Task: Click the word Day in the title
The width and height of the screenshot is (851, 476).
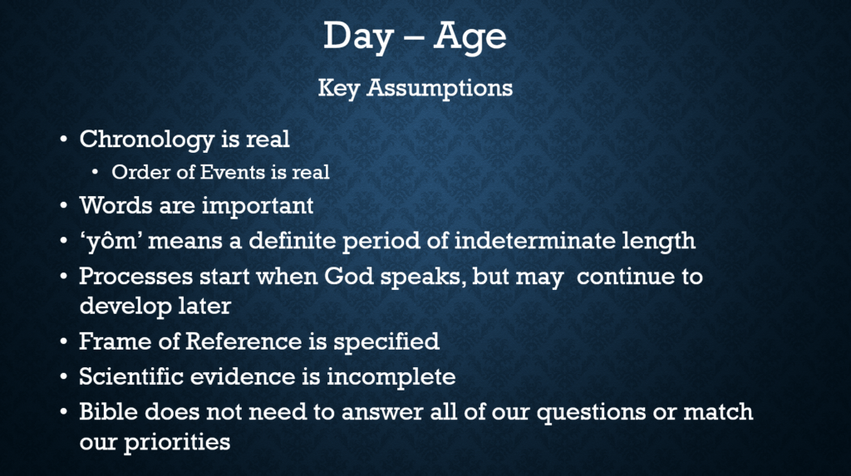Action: click(x=357, y=37)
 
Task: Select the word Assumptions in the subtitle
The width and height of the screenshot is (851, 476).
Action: click(x=440, y=88)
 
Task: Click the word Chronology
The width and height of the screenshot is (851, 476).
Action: click(x=146, y=140)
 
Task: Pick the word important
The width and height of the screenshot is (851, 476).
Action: click(x=258, y=207)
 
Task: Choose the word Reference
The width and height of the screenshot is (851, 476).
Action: click(x=243, y=341)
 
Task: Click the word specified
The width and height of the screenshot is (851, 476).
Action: click(x=386, y=342)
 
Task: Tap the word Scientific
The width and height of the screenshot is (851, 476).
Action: click(x=131, y=376)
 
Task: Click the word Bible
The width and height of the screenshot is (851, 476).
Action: click(x=109, y=411)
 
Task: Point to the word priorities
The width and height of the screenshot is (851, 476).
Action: click(x=177, y=443)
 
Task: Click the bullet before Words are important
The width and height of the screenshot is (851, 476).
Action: click(x=64, y=207)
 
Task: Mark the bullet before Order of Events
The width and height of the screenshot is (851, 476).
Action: click(x=96, y=173)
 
